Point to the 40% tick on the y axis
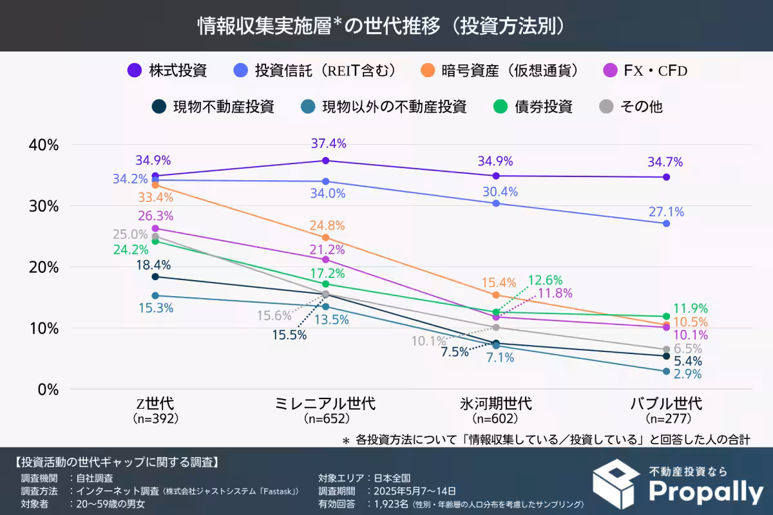[x=44, y=145]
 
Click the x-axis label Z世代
[x=155, y=404]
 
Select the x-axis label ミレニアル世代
[x=325, y=404]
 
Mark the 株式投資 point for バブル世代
[x=666, y=177]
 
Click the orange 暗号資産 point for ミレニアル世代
[x=325, y=238]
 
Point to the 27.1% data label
[x=666, y=212]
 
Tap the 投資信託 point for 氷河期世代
[x=496, y=203]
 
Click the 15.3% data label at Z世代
[x=155, y=308]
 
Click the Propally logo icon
[x=616, y=483]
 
